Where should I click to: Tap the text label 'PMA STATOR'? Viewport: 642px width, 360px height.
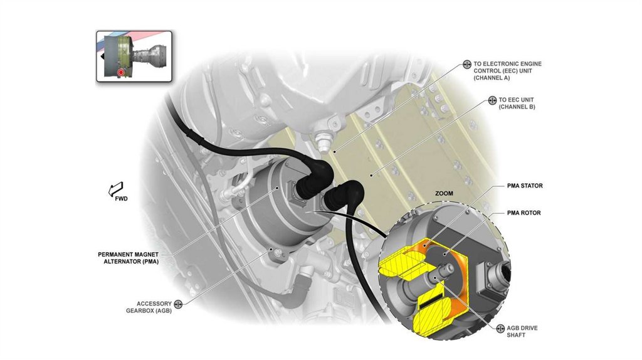(525, 186)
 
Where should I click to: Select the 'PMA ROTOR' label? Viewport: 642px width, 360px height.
(524, 213)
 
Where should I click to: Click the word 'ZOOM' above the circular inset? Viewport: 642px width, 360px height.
(444, 194)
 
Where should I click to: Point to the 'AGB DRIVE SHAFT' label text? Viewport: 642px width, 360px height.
(522, 332)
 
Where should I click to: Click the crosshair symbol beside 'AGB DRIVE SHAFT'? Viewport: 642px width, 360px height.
(500, 329)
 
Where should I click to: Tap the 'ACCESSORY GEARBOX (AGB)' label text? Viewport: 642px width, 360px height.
(154, 307)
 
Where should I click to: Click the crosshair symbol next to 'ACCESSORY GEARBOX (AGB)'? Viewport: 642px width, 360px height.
(178, 304)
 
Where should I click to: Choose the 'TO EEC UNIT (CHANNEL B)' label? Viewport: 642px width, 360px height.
(517, 103)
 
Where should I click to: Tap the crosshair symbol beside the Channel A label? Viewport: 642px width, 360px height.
(467, 64)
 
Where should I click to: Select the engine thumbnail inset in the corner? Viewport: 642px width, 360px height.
(134, 55)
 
